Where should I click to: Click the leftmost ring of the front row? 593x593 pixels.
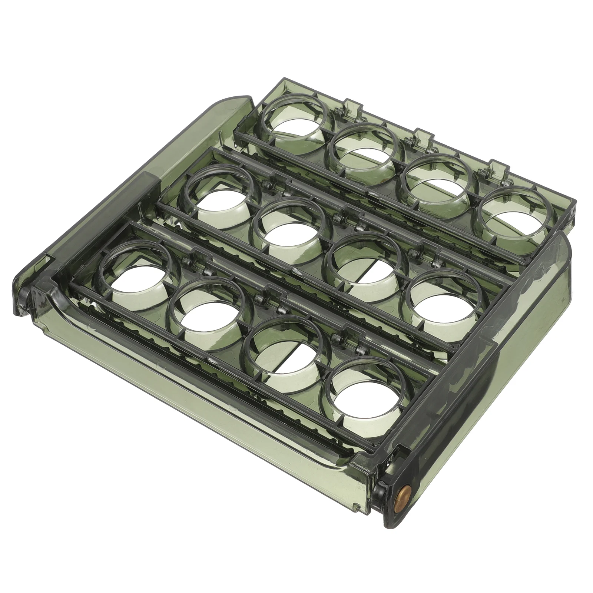(136, 271)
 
